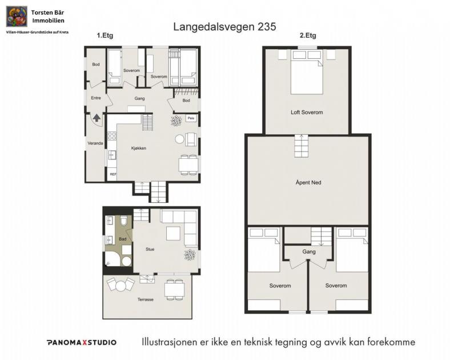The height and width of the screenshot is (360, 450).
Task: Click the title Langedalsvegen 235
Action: tap(224, 26)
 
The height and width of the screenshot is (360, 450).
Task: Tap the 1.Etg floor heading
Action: tap(105, 35)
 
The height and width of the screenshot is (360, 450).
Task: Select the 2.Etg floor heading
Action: tap(308, 35)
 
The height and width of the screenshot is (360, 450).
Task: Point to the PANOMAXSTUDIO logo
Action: tap(81, 342)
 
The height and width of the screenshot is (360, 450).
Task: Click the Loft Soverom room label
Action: tap(307, 113)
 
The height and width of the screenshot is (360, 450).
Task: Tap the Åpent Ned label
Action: tap(308, 183)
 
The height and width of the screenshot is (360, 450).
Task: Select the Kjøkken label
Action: tap(139, 148)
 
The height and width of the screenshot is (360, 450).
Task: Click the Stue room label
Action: tap(150, 249)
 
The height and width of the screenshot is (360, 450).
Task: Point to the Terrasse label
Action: tap(145, 299)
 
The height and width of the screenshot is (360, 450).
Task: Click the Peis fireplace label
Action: tap(191, 118)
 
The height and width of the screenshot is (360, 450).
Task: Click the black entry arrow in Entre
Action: tap(96, 118)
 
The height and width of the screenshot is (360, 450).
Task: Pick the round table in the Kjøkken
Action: tap(180, 139)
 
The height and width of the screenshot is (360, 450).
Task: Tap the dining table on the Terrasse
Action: tap(174, 290)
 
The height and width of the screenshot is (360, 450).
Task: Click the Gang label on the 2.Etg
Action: tap(308, 252)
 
